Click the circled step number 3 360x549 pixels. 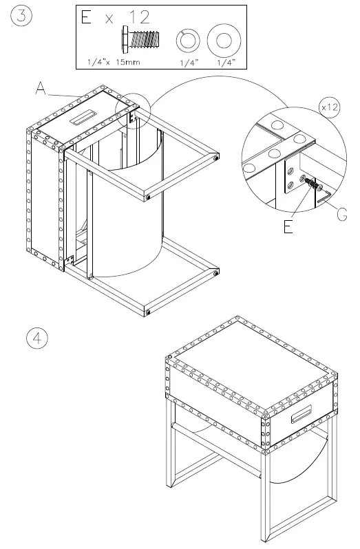(21, 17)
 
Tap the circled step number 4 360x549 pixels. (37, 339)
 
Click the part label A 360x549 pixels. (41, 89)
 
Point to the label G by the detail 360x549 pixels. (341, 215)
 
